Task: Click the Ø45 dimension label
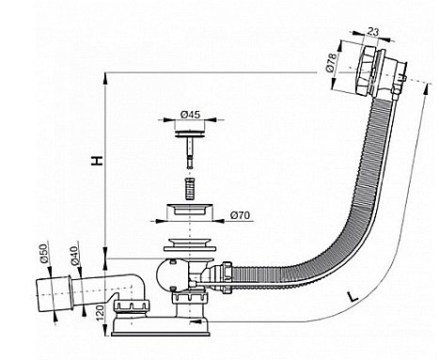[x=191, y=117]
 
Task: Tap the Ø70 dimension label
[x=240, y=215]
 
